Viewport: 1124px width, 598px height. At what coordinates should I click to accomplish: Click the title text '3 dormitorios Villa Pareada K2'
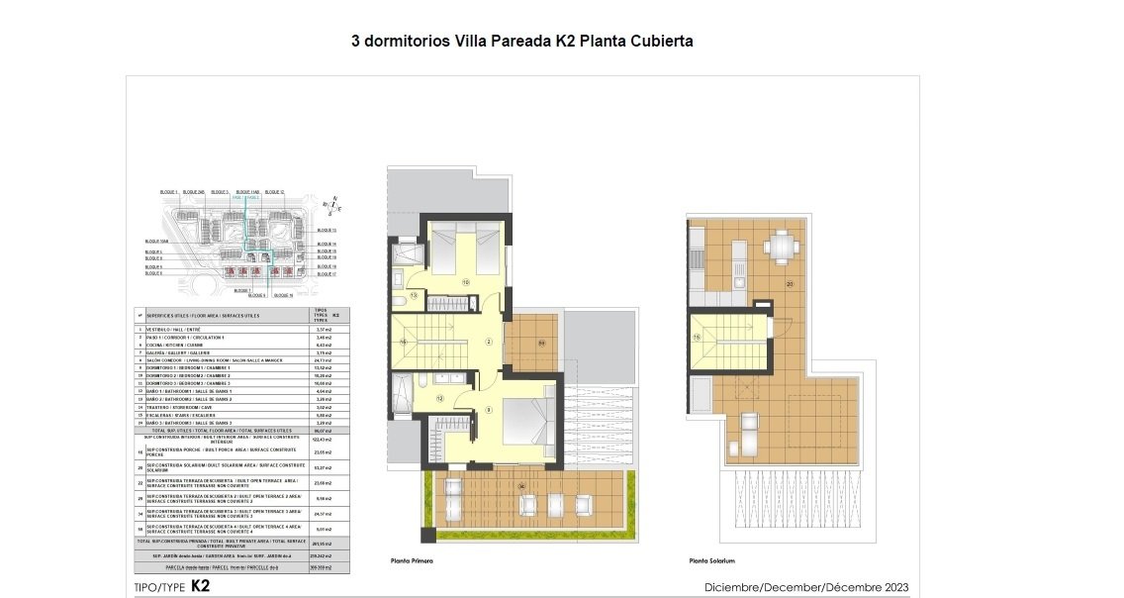(464, 42)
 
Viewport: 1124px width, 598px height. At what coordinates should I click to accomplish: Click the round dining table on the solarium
(783, 244)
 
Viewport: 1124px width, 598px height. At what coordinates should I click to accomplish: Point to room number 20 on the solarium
(790, 283)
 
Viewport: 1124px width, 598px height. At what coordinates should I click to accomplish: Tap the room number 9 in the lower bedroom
(489, 409)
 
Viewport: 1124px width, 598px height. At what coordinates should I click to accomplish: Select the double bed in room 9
(524, 431)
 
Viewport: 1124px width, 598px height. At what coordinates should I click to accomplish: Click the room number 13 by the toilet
(414, 295)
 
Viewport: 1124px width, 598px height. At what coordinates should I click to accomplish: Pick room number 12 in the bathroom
(439, 399)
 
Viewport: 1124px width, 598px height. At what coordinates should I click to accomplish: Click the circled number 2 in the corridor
(489, 342)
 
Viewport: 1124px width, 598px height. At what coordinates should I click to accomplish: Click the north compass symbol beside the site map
(335, 204)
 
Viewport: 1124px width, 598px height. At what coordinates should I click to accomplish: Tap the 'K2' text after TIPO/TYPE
(200, 586)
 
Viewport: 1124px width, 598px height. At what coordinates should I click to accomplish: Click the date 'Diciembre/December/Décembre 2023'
(806, 587)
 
